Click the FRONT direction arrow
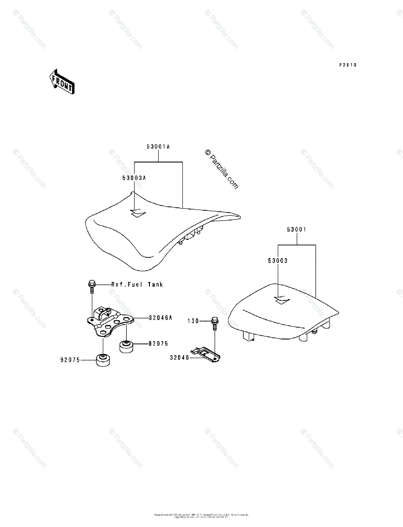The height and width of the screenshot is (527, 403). pos(62,82)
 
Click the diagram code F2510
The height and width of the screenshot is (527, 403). pos(347,65)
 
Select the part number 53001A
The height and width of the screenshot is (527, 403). pos(158,148)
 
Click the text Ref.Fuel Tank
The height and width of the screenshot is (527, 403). pos(137,285)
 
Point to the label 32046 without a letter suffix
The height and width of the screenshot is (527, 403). pos(179,357)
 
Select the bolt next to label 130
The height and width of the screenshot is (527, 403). pos(214,323)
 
